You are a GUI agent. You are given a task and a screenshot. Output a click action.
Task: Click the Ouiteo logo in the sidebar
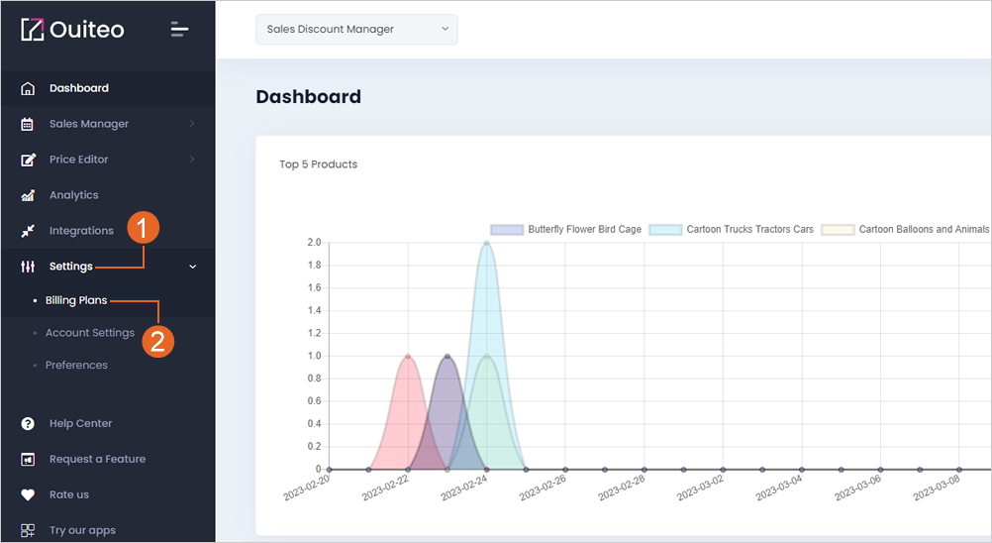point(72,29)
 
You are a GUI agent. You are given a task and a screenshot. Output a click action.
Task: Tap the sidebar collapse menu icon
point(179,29)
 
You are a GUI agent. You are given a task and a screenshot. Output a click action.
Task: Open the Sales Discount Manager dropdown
point(356,29)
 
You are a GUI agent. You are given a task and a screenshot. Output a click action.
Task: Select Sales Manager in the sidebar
point(88,124)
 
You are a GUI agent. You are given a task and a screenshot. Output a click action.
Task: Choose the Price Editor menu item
point(78,160)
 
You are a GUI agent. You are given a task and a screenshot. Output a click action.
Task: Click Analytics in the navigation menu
point(73,195)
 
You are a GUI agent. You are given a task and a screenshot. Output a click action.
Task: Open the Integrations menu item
point(81,230)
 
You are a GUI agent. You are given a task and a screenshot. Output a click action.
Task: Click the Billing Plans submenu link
point(76,300)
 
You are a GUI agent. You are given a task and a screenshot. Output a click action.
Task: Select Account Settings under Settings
point(90,332)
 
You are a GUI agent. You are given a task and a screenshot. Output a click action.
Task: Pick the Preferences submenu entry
point(76,366)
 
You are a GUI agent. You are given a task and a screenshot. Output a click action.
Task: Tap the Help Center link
point(80,423)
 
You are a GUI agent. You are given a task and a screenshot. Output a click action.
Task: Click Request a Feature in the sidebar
point(97,459)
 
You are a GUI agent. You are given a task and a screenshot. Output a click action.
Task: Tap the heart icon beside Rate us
point(28,494)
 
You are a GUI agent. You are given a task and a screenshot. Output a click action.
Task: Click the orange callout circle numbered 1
point(143,228)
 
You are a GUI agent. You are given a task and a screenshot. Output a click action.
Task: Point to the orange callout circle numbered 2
point(157,342)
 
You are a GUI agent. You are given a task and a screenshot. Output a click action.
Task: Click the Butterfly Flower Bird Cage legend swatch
point(507,230)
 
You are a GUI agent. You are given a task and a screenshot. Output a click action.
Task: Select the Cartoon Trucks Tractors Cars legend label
point(749,229)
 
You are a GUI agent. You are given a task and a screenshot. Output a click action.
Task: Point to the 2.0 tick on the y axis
point(314,243)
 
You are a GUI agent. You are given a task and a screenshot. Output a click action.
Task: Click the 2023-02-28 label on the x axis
point(622,488)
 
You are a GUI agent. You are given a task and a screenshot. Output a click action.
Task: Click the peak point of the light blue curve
point(486,243)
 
